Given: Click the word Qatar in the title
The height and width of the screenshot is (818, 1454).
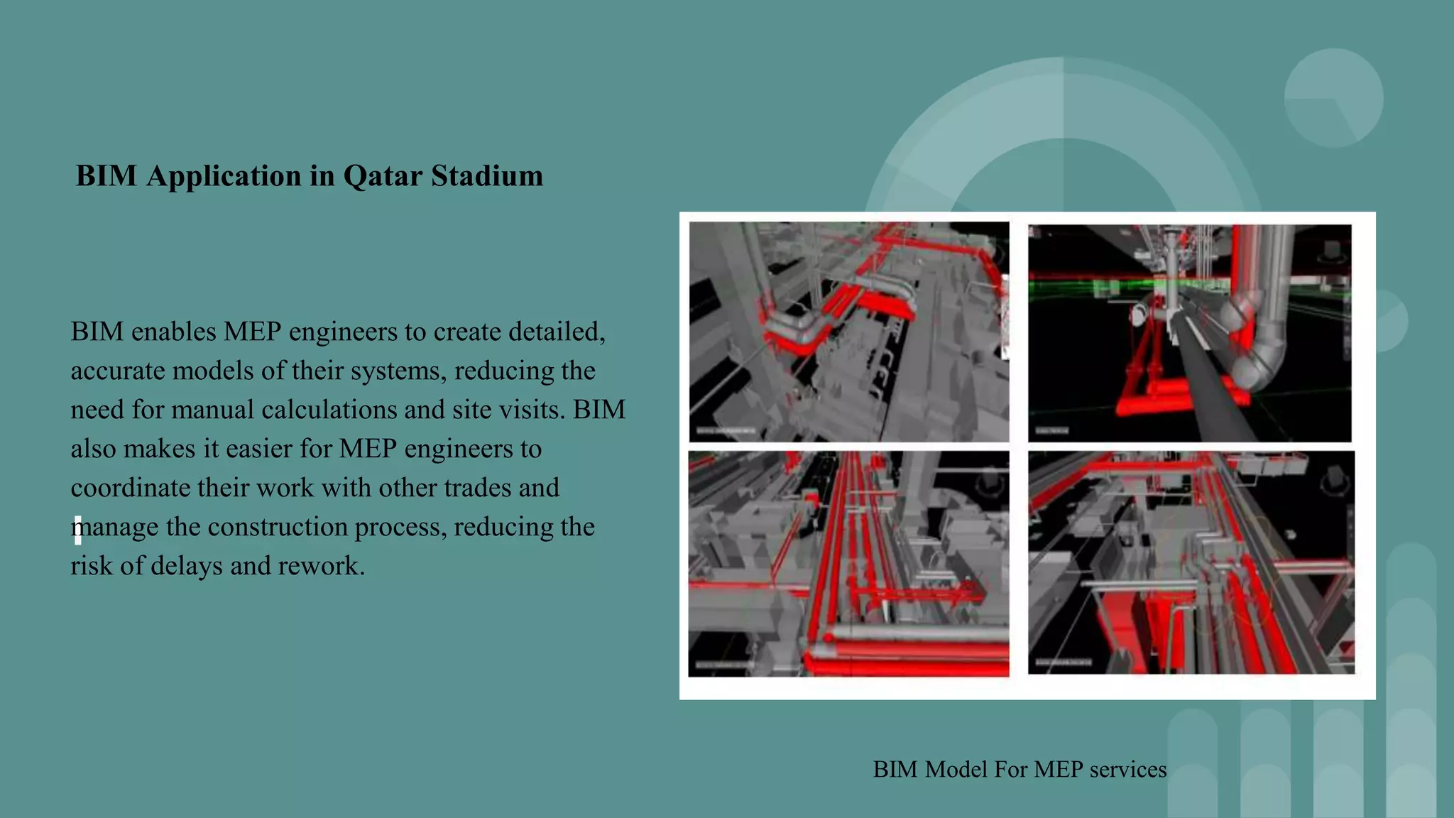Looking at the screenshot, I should point(382,176).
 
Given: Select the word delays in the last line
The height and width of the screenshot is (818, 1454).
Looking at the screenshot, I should point(187,567).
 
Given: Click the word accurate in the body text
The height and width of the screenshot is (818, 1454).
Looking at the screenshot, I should point(117,371).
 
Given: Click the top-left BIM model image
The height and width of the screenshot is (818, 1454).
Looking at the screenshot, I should point(848,332).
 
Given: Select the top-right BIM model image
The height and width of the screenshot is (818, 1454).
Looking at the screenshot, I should point(1189,333).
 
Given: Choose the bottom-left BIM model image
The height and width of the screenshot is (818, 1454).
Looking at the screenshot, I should point(848,563).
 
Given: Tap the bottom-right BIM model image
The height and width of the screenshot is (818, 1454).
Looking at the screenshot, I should point(1191,562).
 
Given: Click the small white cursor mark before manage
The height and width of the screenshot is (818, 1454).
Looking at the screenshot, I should point(77,530).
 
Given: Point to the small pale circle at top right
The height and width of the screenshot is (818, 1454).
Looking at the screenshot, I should point(1333,97).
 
